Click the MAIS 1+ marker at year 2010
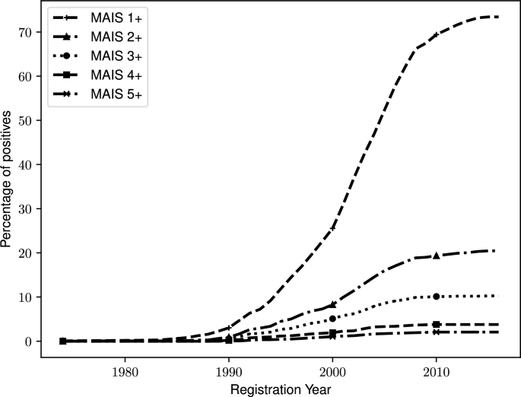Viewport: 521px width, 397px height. tap(436, 35)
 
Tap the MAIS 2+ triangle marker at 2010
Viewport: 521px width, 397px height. tap(436, 256)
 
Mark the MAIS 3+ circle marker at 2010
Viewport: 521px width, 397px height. tap(436, 297)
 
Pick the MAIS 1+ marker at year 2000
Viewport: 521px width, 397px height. tap(332, 228)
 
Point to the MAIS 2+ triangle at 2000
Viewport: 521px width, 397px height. tap(332, 304)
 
